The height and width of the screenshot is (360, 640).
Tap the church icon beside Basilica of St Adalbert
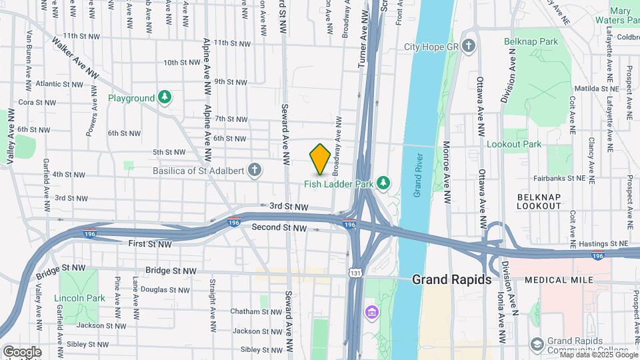254,169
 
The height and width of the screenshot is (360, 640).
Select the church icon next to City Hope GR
469,47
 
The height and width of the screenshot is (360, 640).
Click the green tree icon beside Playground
164,98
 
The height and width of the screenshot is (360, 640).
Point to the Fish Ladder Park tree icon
383,182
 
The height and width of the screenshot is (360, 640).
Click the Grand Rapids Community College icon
537,344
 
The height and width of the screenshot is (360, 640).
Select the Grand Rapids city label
451,279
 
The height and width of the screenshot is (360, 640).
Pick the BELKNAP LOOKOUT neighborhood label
539,201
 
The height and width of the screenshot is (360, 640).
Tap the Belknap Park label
531,41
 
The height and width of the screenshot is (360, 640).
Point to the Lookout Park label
514,144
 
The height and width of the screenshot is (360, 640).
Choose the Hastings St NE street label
604,245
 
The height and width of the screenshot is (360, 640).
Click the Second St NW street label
279,228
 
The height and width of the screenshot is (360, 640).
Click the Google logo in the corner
21,351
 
